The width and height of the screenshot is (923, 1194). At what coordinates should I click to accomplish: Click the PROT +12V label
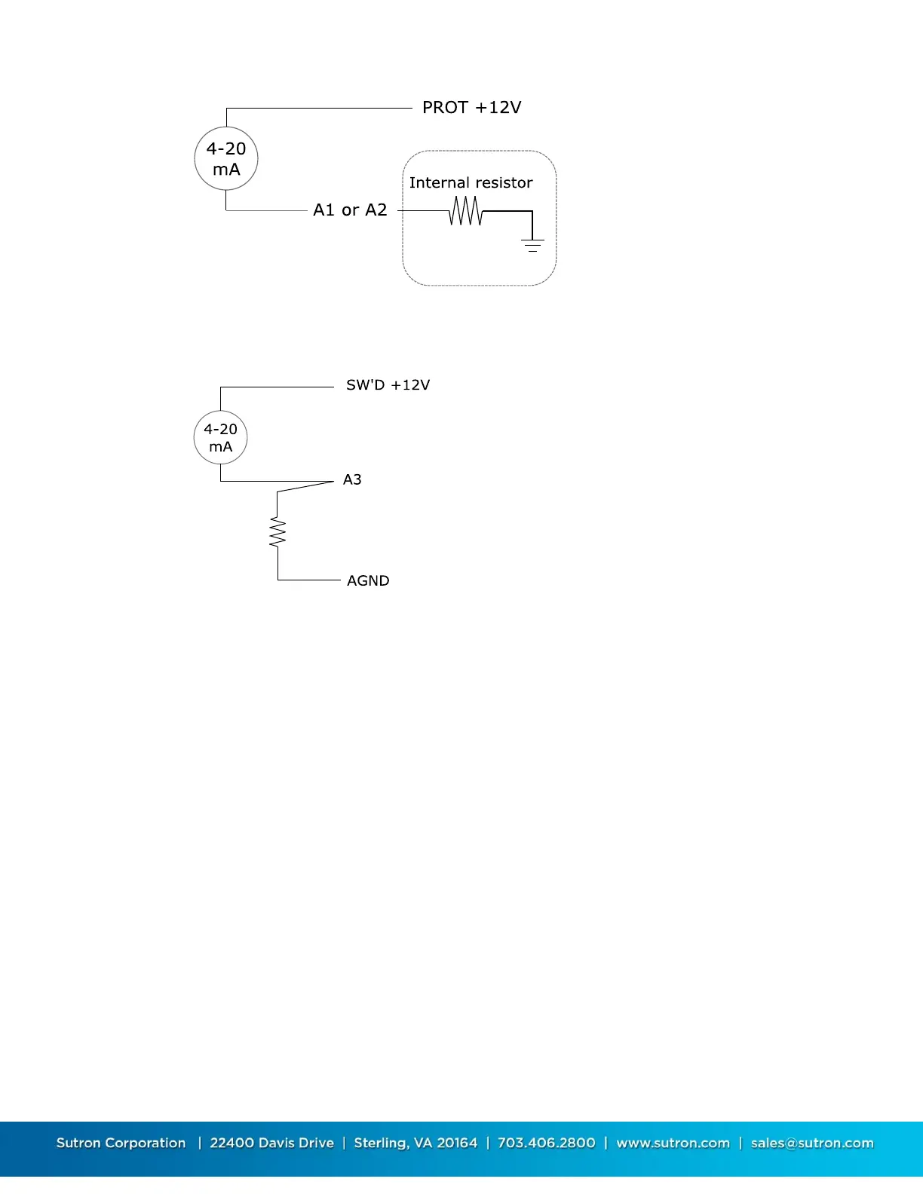[x=471, y=108]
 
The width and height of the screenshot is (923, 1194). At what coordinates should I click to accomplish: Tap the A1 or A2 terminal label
[x=350, y=210]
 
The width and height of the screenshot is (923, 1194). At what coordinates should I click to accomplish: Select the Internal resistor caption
[x=471, y=182]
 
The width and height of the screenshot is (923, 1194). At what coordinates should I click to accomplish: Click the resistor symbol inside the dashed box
[x=465, y=211]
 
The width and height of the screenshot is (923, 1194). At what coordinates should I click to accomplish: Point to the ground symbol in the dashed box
[x=532, y=244]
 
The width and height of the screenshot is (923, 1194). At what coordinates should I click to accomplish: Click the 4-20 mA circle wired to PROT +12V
[x=226, y=159]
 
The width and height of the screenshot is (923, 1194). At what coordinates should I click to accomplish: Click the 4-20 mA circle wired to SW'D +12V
[x=220, y=437]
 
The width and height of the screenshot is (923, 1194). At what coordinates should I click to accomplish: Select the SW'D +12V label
[x=388, y=385]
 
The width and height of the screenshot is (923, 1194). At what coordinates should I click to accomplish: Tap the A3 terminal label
[x=352, y=479]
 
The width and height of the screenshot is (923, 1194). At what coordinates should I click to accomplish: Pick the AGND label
[x=368, y=580]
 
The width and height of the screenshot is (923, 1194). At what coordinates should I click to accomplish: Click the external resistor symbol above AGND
[x=278, y=532]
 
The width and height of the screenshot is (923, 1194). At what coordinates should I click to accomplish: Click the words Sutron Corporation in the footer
[x=121, y=1143]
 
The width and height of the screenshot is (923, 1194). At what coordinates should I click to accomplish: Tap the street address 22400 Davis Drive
[x=271, y=1143]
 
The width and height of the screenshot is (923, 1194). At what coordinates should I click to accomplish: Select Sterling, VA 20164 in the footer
[x=416, y=1143]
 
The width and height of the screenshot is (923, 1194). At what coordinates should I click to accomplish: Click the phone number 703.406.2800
[x=546, y=1143]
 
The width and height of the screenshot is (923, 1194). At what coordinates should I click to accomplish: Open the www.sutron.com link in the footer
[x=673, y=1143]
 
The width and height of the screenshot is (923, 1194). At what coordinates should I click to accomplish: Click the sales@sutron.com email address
[x=812, y=1143]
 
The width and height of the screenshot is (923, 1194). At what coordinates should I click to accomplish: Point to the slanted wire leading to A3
[x=305, y=486]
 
